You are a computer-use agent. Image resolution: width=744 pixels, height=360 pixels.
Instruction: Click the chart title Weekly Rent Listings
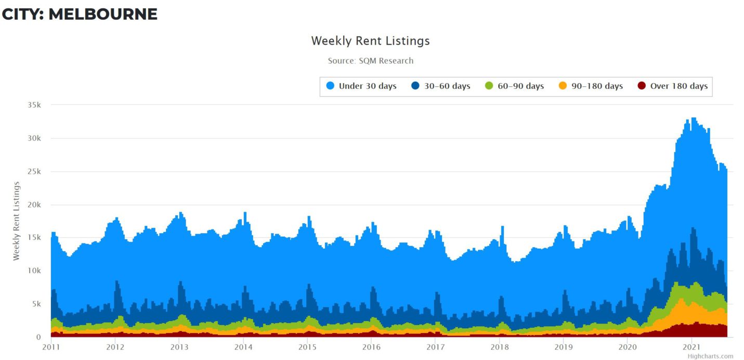pos(370,41)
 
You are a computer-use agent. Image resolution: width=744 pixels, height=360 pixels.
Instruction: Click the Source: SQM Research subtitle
pos(370,61)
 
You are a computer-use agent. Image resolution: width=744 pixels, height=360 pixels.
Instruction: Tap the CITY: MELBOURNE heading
pos(80,14)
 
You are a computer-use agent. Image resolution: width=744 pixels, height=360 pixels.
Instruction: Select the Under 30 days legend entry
pos(367,86)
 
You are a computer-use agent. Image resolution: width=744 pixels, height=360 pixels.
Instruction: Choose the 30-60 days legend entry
pos(447,86)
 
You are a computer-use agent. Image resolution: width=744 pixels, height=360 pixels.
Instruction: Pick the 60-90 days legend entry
pos(520,86)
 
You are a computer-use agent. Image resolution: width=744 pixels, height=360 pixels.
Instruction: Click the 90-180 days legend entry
pos(596,86)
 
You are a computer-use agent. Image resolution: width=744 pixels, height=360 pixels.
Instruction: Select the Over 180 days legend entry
pos(678,86)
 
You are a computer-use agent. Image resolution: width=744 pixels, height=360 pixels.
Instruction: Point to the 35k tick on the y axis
pos(35,105)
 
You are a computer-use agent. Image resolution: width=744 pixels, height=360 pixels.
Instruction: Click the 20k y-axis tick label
pos(35,204)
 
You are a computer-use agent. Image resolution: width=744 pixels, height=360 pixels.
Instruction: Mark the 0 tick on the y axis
pos(38,337)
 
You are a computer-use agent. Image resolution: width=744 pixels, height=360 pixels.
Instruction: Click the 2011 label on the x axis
pos(51,347)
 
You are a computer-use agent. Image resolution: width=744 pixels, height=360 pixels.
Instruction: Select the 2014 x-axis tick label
pos(243,347)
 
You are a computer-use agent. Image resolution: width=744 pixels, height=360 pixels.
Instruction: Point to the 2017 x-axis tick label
pos(435,347)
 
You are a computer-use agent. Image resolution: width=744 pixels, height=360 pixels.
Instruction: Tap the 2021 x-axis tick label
pos(691,347)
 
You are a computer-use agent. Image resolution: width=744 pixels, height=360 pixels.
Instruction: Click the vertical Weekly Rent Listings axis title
pos(16,221)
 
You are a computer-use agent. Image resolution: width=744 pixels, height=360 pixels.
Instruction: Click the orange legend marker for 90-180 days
pos(563,86)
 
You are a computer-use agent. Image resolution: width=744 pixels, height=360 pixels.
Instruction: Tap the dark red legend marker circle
pos(642,86)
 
